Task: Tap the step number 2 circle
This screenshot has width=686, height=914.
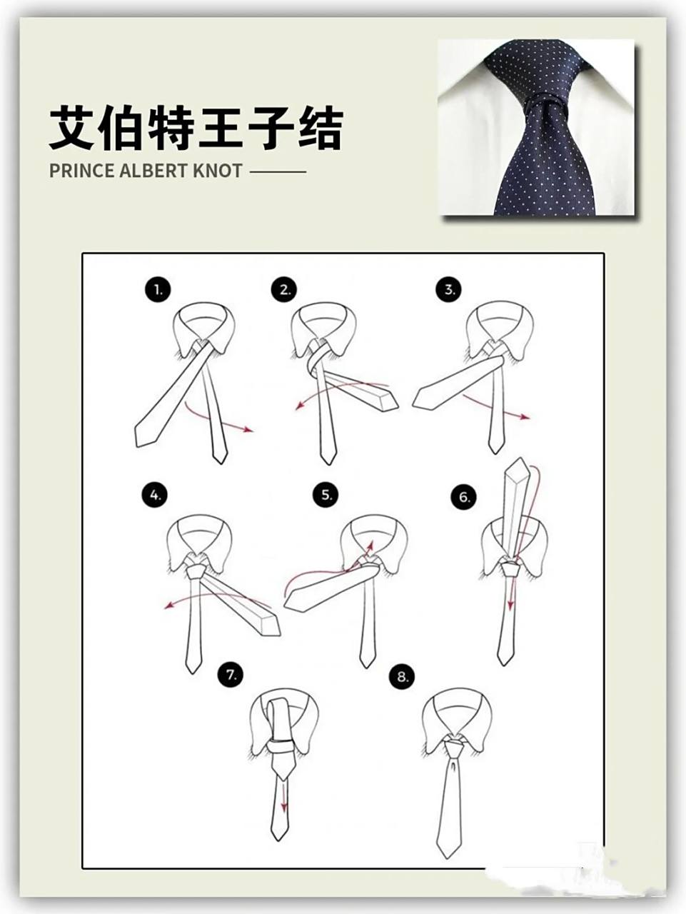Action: (284, 290)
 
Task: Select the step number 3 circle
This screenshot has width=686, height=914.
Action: (449, 290)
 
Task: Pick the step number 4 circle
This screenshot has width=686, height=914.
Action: (154, 495)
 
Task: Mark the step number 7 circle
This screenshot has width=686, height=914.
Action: (231, 674)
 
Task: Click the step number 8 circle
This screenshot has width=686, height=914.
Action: (403, 677)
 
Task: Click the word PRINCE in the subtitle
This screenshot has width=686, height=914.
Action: (82, 171)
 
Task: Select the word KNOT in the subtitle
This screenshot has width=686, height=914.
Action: (218, 171)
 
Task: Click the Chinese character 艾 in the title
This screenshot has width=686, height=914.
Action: (73, 129)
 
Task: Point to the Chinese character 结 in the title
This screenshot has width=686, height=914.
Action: (320, 129)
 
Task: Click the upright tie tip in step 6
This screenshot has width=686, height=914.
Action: (518, 468)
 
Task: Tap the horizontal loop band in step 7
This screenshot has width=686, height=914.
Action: (281, 747)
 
